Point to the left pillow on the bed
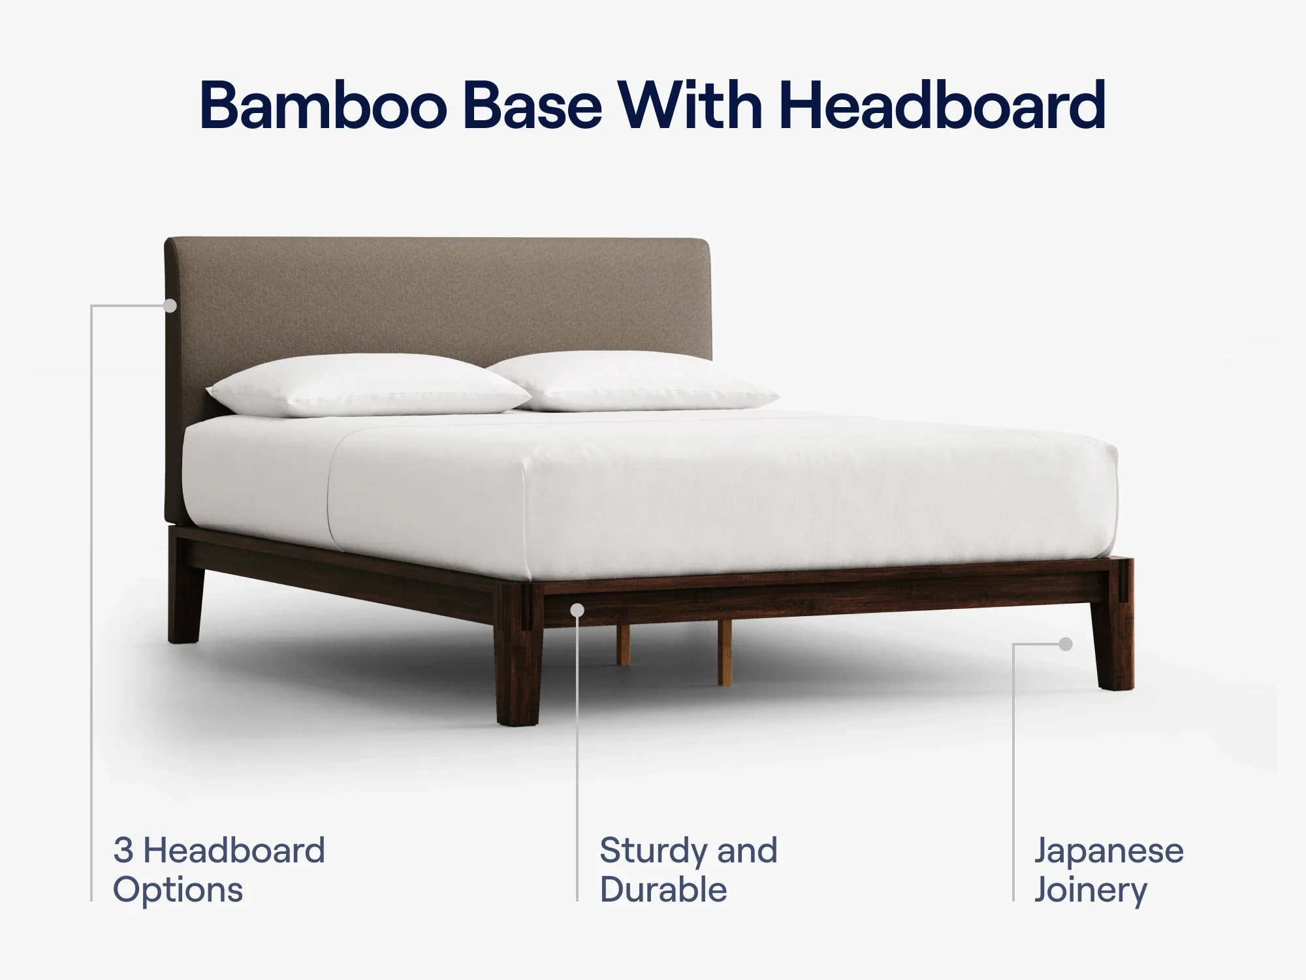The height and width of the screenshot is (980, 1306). [x=369, y=385]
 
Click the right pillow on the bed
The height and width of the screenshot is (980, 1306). [x=633, y=382]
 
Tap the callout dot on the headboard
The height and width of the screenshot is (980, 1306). [x=170, y=305]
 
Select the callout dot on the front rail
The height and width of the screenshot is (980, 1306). [x=577, y=610]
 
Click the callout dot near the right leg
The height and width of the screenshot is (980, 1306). [x=1066, y=644]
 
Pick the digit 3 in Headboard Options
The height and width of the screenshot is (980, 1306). [x=123, y=851]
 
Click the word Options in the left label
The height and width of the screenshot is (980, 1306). [x=178, y=890]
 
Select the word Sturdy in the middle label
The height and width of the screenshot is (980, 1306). [x=652, y=851]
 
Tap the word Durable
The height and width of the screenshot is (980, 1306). [x=663, y=890]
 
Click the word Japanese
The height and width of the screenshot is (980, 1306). [x=1108, y=851]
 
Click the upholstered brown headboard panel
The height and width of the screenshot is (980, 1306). [x=438, y=301]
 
